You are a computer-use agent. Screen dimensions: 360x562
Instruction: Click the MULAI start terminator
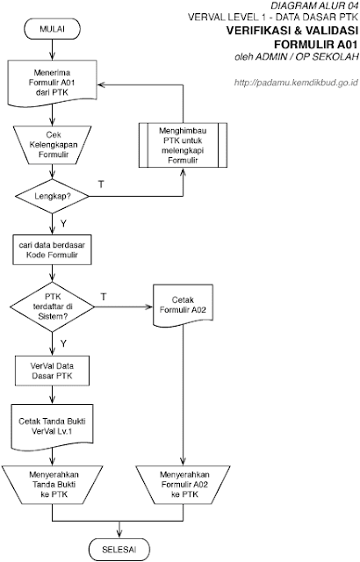53,29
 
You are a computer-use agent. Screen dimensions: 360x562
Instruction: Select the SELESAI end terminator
119,549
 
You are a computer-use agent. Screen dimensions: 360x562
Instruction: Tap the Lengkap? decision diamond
53,197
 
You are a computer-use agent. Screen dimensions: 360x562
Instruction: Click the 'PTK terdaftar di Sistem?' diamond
53,306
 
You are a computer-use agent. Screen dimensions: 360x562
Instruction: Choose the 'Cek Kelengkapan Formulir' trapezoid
53,145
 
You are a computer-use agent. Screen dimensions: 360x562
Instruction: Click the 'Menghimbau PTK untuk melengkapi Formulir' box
183,145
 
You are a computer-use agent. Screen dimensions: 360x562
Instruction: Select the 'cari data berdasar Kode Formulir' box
53,249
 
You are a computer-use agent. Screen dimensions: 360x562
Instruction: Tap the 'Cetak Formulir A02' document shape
183,305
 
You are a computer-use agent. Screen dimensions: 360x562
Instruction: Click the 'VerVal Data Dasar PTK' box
53,371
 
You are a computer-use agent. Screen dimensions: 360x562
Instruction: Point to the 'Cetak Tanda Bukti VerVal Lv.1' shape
53,427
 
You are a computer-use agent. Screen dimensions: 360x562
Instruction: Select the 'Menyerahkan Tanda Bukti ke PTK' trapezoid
53,485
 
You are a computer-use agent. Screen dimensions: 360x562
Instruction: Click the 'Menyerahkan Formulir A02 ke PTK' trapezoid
183,485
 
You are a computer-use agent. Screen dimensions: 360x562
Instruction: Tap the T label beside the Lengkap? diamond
101,184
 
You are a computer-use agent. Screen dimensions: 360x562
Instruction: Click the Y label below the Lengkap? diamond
63,224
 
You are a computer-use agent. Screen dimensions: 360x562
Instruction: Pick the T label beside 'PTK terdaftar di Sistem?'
104,297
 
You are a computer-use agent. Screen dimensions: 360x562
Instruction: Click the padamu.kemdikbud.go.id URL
296,83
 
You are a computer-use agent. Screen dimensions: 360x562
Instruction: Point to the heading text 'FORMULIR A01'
316,45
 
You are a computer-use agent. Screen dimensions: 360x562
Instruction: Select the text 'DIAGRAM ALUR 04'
314,5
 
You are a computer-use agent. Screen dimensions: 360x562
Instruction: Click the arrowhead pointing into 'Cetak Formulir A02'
149,306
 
